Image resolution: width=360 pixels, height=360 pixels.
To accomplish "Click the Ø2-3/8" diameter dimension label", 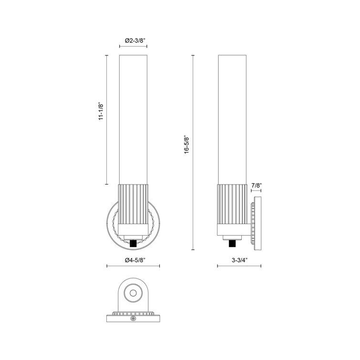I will tap(133, 41).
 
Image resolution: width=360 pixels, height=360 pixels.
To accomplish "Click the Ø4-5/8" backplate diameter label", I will tap(133, 260).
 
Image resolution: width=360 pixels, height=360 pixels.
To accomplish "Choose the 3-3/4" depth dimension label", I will tap(239, 260).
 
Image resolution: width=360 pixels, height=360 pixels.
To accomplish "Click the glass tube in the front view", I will tap(133, 119).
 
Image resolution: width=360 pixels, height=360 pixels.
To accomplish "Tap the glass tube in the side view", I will tap(232, 119).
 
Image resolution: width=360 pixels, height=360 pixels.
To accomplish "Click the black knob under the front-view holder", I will tap(133, 244).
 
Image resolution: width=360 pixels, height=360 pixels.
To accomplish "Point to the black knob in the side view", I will tap(232, 244).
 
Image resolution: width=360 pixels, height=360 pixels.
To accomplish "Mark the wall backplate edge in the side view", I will tap(257, 222).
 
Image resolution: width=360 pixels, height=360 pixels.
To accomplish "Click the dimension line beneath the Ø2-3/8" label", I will tap(133, 47).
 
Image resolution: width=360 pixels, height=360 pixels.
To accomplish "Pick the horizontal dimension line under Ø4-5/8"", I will tap(133, 266).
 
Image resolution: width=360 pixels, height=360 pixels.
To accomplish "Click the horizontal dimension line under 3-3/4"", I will tap(239, 266).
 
